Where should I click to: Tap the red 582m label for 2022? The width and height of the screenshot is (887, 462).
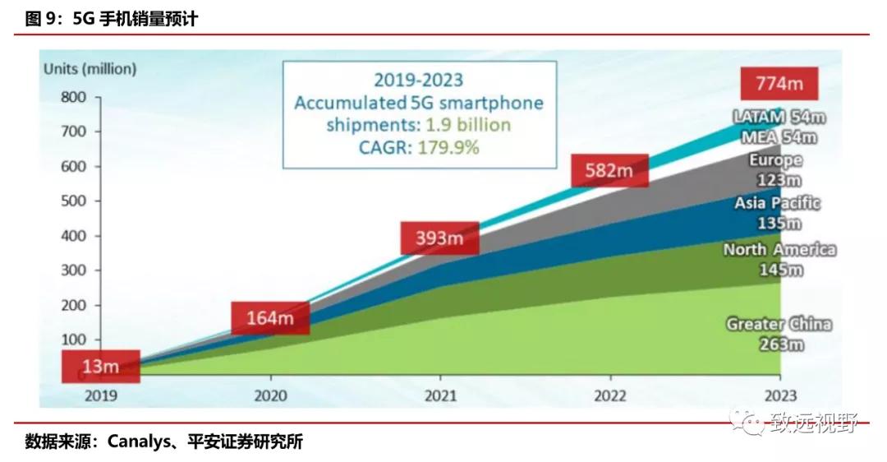[x=609, y=170]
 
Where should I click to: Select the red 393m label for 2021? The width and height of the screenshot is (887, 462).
[x=439, y=238]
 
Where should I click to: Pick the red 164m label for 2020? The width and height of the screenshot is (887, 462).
[x=270, y=317]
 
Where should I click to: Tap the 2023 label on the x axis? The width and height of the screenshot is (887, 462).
[x=779, y=395]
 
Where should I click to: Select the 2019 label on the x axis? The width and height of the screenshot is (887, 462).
[x=101, y=395]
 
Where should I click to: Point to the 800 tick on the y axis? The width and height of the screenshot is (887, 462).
[x=73, y=97]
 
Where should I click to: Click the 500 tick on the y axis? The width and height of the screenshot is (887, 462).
[x=73, y=201]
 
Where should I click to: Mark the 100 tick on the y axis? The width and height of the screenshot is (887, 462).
[x=73, y=340]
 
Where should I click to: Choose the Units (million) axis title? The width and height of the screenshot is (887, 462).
[x=90, y=69]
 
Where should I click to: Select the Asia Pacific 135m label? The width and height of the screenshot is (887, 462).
[x=778, y=213]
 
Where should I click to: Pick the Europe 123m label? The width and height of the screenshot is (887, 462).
[x=776, y=170]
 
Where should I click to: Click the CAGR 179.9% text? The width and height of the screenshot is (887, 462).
[x=418, y=148]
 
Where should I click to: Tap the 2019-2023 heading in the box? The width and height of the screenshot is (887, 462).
[x=418, y=80]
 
